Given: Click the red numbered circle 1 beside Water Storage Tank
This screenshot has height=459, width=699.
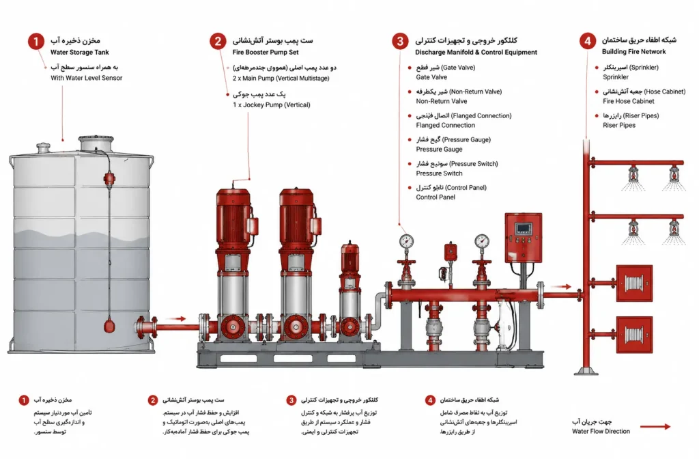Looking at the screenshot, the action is (x=36, y=42).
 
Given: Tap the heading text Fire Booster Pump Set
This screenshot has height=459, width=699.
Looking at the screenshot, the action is (x=266, y=52).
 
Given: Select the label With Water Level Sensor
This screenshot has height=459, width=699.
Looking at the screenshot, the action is (x=87, y=78).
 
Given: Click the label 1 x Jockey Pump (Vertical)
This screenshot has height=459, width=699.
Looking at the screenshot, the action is (x=272, y=105).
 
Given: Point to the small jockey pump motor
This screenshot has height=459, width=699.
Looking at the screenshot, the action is (x=350, y=258).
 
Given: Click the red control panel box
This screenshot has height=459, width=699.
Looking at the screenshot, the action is (x=524, y=238).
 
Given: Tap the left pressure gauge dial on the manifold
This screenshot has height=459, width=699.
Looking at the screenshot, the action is (x=406, y=241).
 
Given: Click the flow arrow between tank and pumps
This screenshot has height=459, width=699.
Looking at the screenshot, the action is (x=176, y=318).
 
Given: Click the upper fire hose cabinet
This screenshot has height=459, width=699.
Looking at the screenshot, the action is (x=634, y=283).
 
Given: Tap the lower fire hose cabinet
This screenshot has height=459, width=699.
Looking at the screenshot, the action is (x=634, y=335).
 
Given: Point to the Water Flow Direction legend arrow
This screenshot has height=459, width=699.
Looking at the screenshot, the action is (x=655, y=427).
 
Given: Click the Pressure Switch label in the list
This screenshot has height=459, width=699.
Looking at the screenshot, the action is (x=439, y=173).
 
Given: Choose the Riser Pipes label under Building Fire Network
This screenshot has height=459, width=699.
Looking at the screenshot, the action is (x=619, y=126).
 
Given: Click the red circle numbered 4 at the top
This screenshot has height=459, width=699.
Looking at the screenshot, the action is (x=588, y=41).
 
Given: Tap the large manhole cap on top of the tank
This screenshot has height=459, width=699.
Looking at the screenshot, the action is (x=96, y=143).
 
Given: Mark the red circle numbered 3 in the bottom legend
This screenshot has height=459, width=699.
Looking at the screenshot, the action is (x=291, y=400).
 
